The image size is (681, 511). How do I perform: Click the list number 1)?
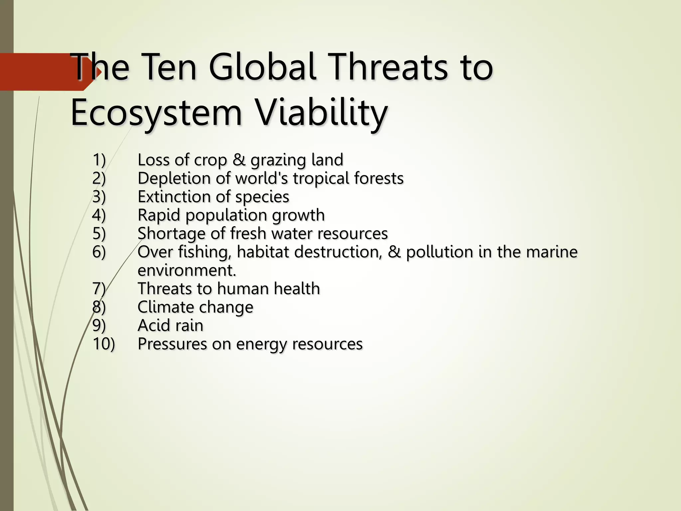(99, 160)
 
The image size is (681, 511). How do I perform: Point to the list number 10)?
(103, 344)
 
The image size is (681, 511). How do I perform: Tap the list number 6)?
(99, 252)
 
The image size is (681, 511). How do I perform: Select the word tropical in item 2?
(320, 179)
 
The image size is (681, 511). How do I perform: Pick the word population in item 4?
(226, 215)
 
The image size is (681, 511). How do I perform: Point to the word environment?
(187, 270)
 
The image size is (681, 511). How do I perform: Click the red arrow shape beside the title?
(47, 72)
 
